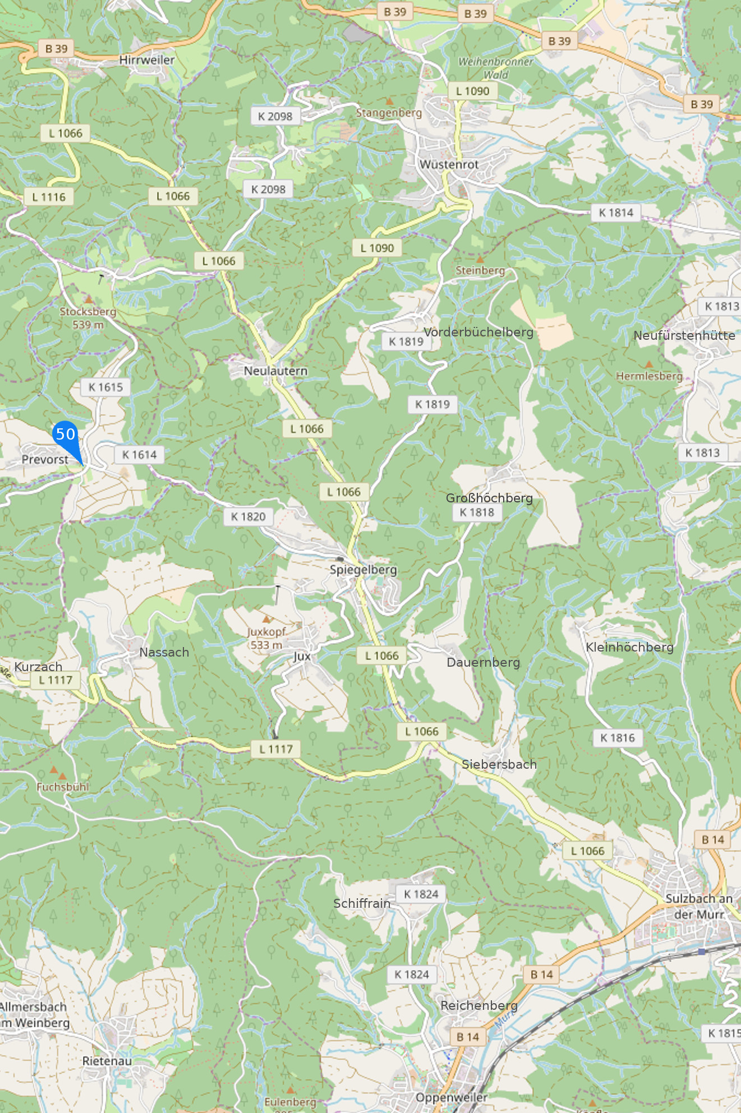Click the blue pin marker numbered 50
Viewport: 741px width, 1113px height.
66,435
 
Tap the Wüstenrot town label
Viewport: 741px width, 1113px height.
449,164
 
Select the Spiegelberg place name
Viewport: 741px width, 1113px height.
363,570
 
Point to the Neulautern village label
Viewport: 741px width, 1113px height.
275,371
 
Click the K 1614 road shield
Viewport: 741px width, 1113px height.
139,455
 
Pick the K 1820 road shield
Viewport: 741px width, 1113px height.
248,516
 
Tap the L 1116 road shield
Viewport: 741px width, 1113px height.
49,197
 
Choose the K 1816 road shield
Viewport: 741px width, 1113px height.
617,738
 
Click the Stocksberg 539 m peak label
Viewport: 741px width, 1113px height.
88,317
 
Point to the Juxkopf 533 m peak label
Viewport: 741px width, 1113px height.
266,638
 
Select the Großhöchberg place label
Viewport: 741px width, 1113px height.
489,498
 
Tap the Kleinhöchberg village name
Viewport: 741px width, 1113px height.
629,647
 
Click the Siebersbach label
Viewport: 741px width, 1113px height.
499,764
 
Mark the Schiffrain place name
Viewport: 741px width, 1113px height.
362,903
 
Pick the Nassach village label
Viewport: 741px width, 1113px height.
164,652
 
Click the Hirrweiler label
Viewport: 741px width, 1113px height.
147,60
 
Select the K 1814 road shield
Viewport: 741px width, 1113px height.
615,213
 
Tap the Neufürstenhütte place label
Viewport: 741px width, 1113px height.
684,335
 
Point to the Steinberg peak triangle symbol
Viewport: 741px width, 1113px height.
480,260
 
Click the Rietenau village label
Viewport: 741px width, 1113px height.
107,1061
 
